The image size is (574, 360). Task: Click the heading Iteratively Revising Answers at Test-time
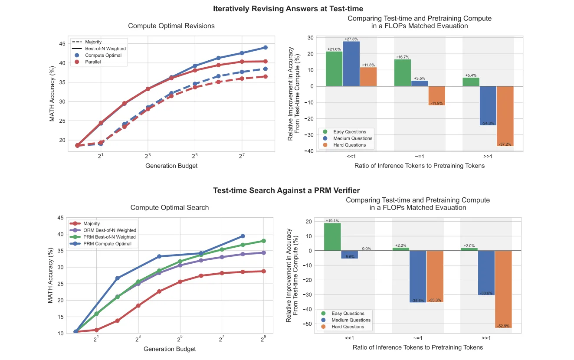coord(288,9)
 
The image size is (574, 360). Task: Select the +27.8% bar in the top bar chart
coord(351,63)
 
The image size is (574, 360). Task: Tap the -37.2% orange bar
coord(505,116)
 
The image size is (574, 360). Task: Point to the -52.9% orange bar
coord(503,289)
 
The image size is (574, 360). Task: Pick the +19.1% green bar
coord(332,237)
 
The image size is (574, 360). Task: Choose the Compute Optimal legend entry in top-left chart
coord(103,56)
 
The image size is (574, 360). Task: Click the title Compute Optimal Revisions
coord(171,26)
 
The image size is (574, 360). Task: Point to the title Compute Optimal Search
coord(170,208)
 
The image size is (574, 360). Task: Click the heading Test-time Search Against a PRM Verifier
coord(286,190)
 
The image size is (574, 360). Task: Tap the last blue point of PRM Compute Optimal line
coord(243,236)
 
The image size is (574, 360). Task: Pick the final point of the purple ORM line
coord(264,252)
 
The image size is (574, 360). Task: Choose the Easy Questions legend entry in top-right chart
coord(349,132)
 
